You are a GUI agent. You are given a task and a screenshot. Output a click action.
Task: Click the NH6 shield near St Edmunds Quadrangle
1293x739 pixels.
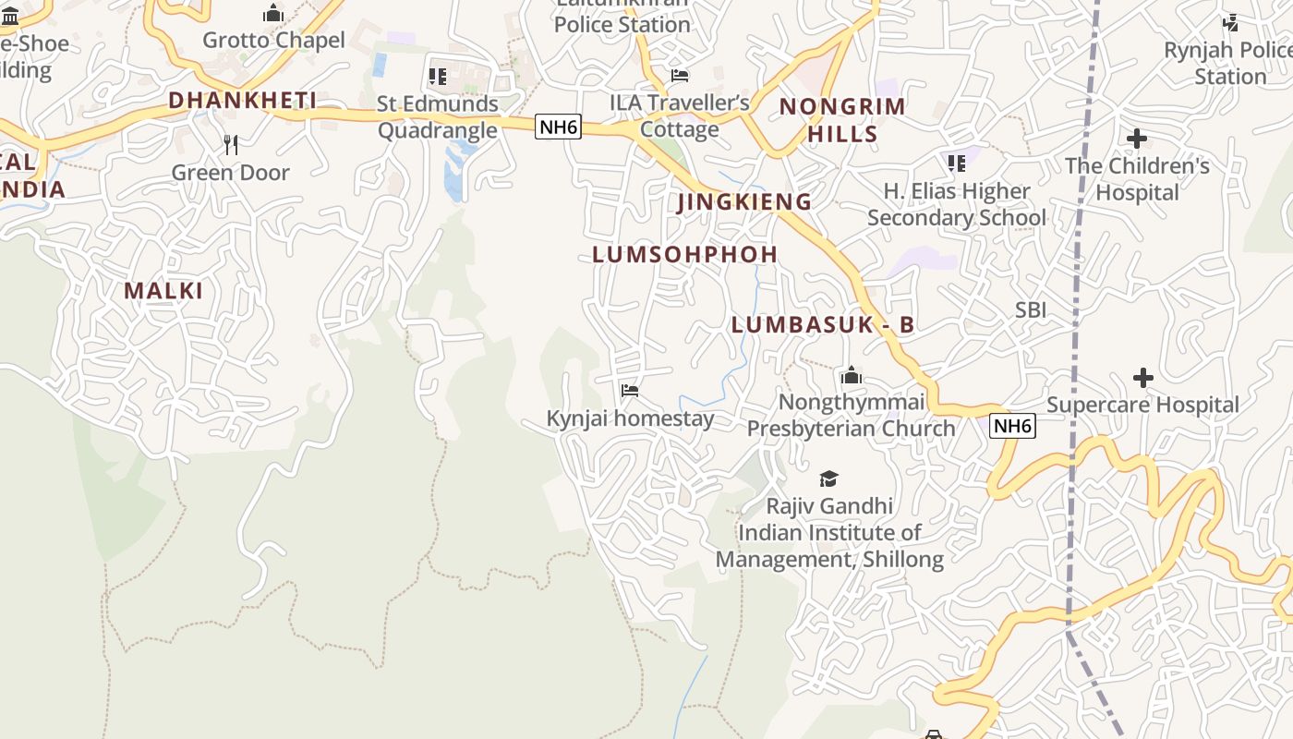point(559,127)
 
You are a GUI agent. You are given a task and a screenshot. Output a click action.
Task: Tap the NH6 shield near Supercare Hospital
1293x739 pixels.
point(1012,426)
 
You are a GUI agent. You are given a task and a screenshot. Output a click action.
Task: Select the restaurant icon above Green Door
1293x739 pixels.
point(231,144)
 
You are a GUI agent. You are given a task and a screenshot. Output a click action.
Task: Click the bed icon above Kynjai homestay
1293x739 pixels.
point(630,391)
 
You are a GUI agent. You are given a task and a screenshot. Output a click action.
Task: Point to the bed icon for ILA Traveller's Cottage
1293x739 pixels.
point(680,75)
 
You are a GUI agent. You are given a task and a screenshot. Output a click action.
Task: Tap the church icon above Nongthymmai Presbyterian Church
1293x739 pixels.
point(851,375)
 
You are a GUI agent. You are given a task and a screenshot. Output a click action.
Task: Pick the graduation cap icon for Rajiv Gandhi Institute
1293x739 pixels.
point(828,479)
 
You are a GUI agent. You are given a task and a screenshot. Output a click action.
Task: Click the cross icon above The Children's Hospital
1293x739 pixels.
point(1137,139)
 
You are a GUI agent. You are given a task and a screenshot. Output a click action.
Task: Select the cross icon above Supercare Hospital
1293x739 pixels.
point(1143,377)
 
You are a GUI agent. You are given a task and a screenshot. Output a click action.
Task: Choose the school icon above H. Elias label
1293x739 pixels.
point(956,164)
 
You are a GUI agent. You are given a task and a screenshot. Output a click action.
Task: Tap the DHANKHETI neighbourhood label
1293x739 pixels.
point(242,100)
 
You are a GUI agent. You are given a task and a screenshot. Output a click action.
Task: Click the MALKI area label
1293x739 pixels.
point(163,290)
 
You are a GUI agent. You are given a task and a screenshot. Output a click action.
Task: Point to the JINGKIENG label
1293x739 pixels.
point(744,201)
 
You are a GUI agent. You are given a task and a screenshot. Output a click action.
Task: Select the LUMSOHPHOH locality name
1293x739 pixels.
point(684,254)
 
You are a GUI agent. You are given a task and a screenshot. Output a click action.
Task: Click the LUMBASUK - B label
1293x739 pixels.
point(822,324)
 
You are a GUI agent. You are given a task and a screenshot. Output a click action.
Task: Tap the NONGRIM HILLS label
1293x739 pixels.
point(842,119)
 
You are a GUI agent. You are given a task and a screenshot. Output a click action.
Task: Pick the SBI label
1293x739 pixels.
point(1031,309)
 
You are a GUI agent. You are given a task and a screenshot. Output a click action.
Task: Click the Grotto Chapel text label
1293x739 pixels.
point(273,40)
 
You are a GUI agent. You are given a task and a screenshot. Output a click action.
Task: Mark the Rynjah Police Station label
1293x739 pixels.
point(1228,63)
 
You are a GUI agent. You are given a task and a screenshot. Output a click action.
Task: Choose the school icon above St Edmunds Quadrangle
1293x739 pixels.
point(438,76)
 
